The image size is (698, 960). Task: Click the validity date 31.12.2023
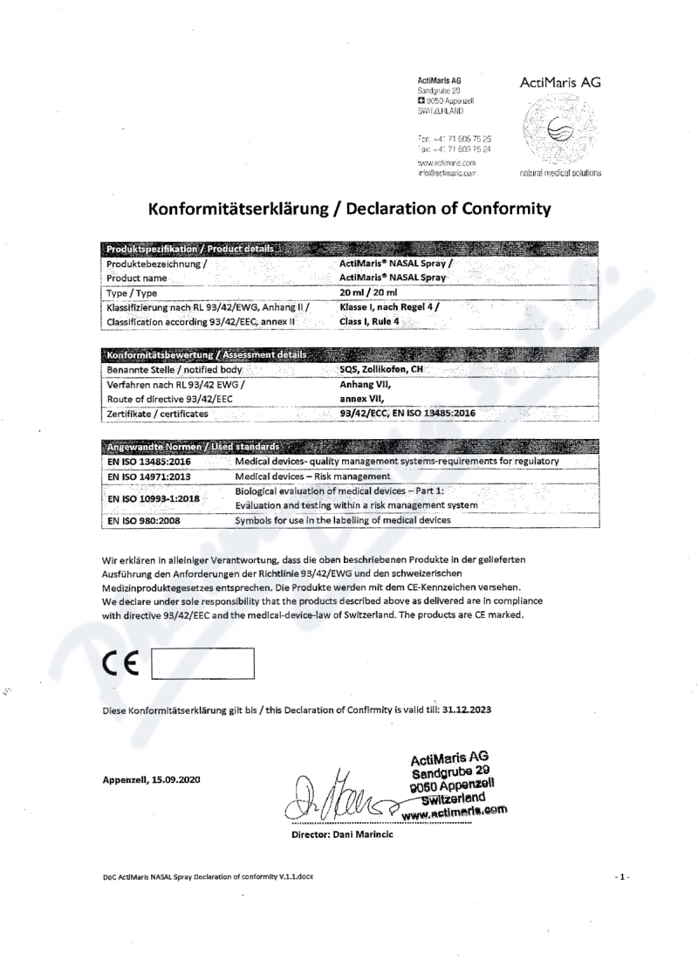pos(466,710)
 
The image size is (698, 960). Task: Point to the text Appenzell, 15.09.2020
pos(151,779)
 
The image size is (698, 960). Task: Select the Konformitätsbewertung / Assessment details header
pos(206,354)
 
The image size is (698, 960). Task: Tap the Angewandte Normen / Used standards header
pos(194,447)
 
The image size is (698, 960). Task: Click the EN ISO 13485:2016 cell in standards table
pos(149,461)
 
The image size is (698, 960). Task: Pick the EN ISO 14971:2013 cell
pos(149,477)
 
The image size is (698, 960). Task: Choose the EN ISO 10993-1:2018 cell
pos(154,498)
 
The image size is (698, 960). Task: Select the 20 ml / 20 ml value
pos(367,292)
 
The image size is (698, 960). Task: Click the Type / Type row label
pos(132,293)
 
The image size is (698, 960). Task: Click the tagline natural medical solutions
pos(559,173)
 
